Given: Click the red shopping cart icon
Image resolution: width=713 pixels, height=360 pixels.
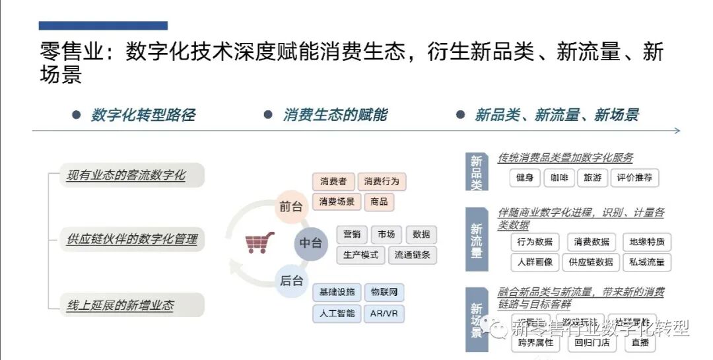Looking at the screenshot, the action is (x=256, y=242).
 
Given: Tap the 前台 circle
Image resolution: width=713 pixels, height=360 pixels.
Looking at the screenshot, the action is (x=291, y=206).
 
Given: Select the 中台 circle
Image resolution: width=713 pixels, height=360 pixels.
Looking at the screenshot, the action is (x=310, y=243).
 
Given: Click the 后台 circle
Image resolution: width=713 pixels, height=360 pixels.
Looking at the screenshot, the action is (x=291, y=280).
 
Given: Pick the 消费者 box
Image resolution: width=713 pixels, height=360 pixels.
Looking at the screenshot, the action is (x=333, y=181).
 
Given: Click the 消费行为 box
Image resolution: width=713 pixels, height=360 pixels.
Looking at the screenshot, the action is (x=382, y=181).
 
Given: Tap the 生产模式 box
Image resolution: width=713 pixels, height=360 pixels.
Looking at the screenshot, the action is (x=360, y=255).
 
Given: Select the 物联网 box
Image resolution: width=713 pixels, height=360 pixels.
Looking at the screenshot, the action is (x=384, y=292).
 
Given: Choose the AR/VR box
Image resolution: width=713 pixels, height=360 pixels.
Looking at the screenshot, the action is (x=384, y=313).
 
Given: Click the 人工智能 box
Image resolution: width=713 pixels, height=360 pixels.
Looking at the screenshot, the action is (x=336, y=313).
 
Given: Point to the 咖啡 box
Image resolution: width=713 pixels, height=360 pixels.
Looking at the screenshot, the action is (x=559, y=178).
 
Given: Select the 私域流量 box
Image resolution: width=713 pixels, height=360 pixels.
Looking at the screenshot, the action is (x=646, y=262).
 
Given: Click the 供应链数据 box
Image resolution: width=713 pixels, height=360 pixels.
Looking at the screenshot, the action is (x=591, y=262).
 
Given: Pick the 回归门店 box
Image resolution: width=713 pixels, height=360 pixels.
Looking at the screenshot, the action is (x=591, y=343).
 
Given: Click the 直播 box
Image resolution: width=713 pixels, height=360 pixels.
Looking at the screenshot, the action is (x=640, y=343).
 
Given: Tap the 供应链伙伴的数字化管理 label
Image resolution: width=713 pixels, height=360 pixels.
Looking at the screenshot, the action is (x=132, y=238).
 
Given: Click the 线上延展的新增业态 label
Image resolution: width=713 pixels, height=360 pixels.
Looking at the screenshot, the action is (x=121, y=305).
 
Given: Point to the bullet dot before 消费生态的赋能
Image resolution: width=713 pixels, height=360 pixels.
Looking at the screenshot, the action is (x=267, y=115).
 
